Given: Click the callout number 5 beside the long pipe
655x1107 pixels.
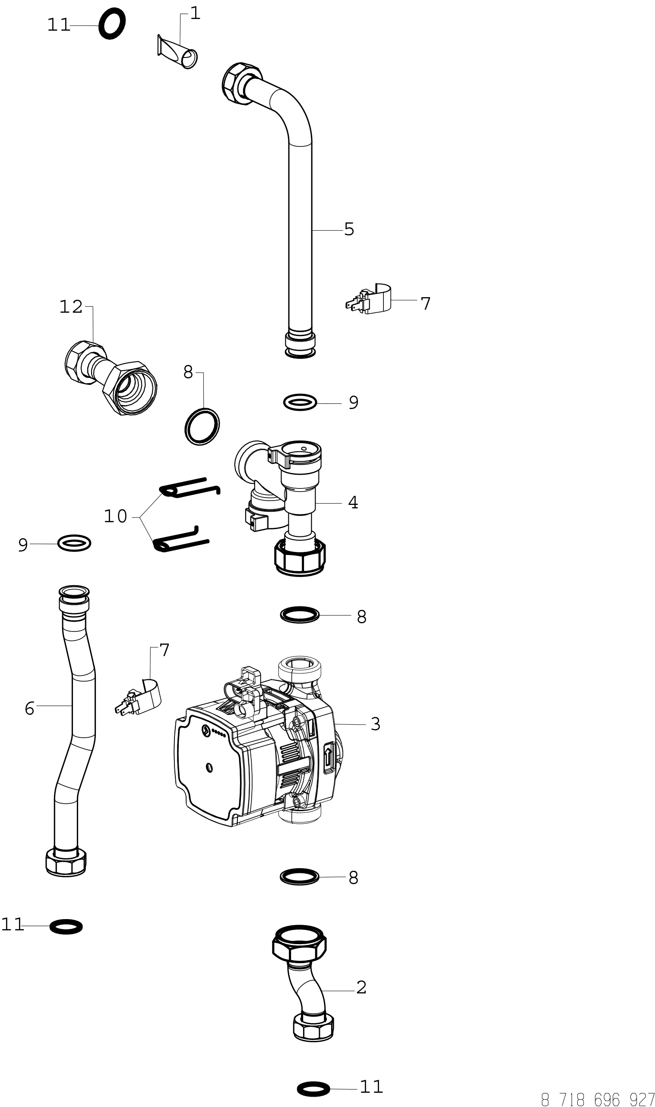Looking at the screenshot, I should [x=349, y=229].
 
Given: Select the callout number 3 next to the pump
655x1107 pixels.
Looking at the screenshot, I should [x=375, y=724].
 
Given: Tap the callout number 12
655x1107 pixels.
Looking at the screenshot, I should [x=71, y=307].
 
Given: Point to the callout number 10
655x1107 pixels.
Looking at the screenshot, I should [x=115, y=516].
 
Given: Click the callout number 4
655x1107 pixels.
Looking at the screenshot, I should [x=353, y=502].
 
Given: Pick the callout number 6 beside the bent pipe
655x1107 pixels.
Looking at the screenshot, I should [x=29, y=708].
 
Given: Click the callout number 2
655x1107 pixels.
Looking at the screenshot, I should [x=361, y=987].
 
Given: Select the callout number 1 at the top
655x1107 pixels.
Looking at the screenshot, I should [x=195, y=14].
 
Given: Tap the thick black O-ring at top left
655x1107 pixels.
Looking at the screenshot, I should [x=112, y=24].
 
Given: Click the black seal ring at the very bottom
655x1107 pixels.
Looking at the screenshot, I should [x=313, y=1089].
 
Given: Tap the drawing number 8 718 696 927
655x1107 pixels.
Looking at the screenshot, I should [x=598, y=1099].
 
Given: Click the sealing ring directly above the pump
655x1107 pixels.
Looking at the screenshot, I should [x=300, y=615].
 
